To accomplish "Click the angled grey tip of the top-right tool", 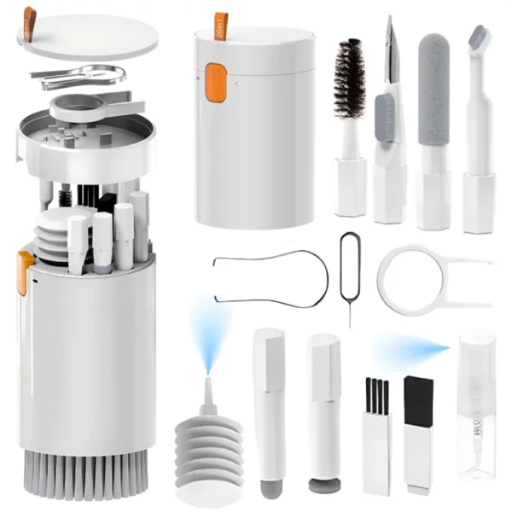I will pyautogui.click(x=484, y=38).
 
